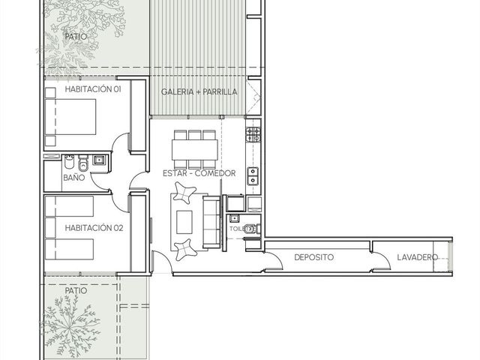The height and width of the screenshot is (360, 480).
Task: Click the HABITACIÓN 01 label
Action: tap(93, 89)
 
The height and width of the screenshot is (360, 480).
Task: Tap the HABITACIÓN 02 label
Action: tap(94, 228)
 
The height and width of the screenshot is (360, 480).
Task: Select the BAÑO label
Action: tap(73, 178)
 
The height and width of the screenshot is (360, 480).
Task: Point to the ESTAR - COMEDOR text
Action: tap(199, 173)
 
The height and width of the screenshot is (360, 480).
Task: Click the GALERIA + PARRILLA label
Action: tap(199, 91)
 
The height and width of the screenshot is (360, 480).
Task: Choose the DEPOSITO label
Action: tap(313, 257)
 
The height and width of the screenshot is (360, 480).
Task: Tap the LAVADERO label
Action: tap(417, 257)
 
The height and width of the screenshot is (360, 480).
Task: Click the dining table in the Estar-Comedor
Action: tap(195, 150)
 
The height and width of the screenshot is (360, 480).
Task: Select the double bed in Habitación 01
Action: tap(70, 117)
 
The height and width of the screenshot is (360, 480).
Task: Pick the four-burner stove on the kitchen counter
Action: tap(253, 135)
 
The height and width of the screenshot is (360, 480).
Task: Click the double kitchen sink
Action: tap(253, 176)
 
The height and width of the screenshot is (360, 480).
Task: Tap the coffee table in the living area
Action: tap(184, 222)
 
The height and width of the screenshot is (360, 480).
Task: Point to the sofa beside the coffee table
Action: tap(211, 223)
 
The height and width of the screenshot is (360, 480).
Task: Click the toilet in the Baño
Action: tap(83, 163)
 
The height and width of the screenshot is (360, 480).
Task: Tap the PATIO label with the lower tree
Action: tap(76, 290)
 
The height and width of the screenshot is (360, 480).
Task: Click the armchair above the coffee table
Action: tap(184, 192)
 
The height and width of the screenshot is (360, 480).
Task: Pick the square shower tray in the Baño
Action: tap(99, 160)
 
